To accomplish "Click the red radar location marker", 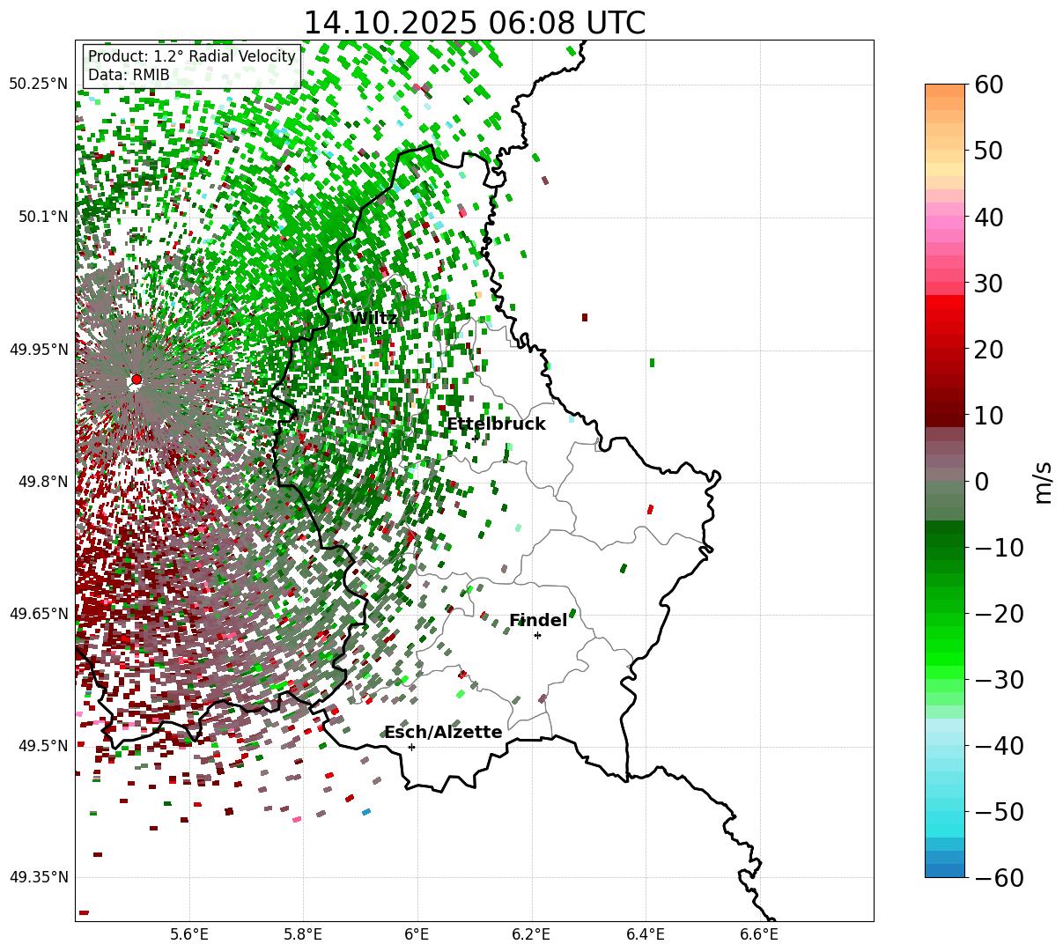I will [137, 380].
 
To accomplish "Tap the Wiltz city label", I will [373, 319].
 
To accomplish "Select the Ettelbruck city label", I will [496, 424].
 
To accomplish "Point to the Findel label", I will [538, 621].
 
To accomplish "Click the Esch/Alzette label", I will [443, 733].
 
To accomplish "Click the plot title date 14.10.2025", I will [382, 24].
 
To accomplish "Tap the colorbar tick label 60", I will [990, 85].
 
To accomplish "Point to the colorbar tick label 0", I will [981, 482].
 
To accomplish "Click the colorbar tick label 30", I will [990, 284].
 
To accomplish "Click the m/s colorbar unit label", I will [1044, 482].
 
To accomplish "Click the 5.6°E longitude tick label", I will [189, 934].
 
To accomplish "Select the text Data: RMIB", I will [129, 76].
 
